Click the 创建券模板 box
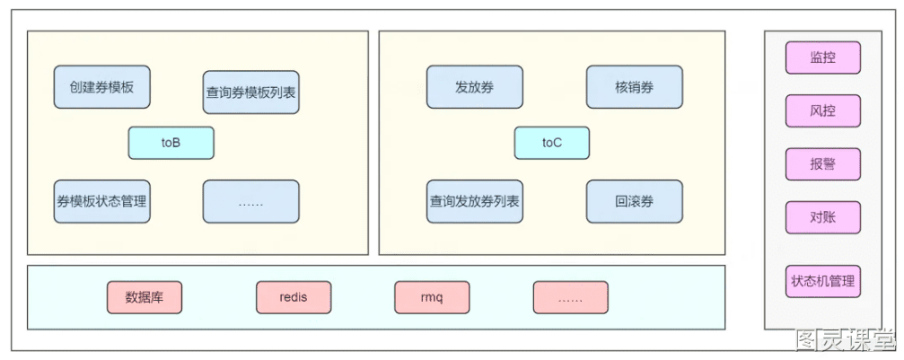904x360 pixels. point(102,87)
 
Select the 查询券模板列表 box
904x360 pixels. point(250,92)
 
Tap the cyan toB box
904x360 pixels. point(171,143)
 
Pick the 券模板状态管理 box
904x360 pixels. point(102,201)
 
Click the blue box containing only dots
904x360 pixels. point(250,201)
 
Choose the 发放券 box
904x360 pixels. point(475,87)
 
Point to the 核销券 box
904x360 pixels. point(634,87)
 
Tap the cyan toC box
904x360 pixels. point(552,143)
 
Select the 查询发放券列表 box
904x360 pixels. point(475,201)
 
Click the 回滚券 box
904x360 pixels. point(634,201)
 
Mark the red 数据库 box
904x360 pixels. point(145,298)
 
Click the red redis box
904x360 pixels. point(294,298)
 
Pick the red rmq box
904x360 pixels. point(432,298)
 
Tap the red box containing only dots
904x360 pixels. point(570,298)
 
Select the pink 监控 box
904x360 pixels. point(822,57)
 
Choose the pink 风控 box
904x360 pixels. point(822,110)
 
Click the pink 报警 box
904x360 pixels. point(822,164)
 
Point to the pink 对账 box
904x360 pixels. point(822,217)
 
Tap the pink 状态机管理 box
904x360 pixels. point(822,282)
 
